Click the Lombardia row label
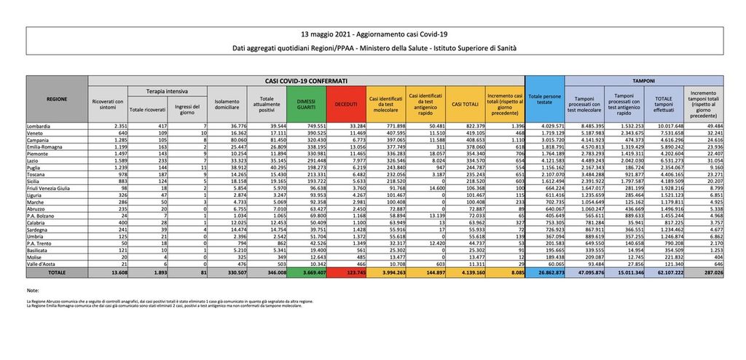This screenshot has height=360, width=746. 41,125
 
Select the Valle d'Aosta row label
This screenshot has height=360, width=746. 42,263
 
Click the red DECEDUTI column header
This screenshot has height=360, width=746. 345,104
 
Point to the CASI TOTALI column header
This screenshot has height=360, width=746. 464,104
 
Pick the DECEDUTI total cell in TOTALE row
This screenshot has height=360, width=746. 345,271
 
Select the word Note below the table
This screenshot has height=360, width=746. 32,290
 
